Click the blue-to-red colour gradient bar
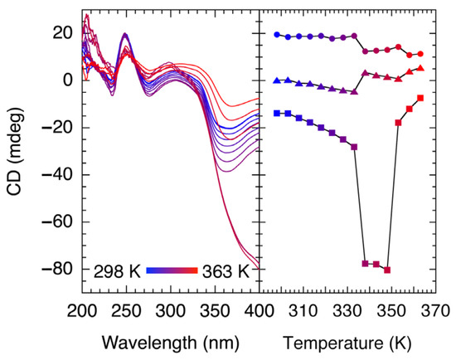click(x=172, y=270)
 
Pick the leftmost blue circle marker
click(x=277, y=35)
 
